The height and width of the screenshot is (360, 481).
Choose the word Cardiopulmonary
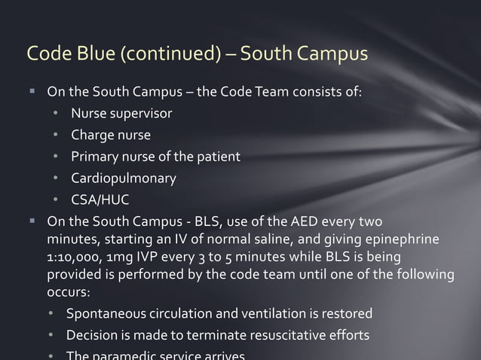(124, 178)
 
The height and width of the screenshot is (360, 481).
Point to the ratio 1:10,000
(74, 258)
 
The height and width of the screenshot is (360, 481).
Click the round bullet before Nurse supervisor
(56, 114)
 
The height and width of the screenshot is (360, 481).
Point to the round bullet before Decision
(51, 335)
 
